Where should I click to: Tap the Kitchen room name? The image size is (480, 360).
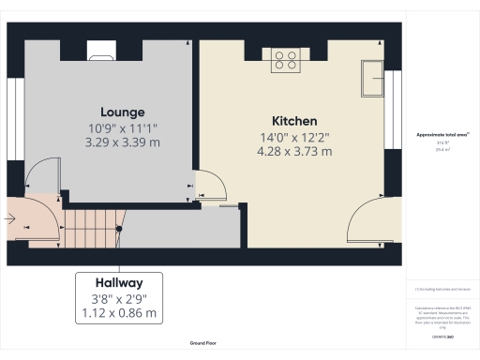294,121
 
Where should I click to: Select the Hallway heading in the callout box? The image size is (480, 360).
118,282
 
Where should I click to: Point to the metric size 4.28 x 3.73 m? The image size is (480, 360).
294,152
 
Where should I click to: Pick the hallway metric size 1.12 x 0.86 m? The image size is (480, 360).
118,312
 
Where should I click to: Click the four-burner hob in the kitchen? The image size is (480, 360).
286,60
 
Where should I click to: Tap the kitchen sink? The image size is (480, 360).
371,77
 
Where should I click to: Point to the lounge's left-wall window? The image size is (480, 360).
12,112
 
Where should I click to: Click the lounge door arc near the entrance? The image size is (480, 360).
42,178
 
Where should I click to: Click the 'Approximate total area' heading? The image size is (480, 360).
442,135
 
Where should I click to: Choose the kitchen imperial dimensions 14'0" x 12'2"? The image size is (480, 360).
294,137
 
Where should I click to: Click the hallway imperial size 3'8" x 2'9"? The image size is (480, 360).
118,298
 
